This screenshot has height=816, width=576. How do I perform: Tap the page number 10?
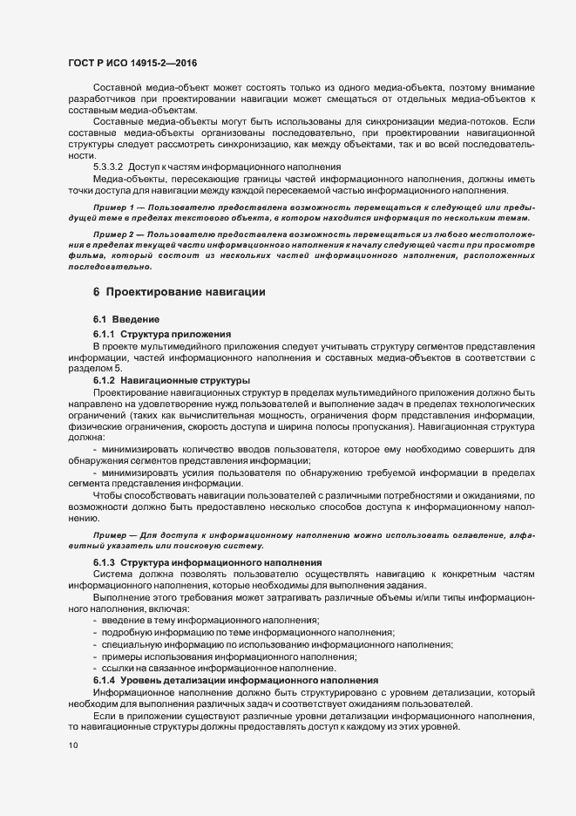[72, 745]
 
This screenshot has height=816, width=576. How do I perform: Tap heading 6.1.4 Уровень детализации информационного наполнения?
[234, 679]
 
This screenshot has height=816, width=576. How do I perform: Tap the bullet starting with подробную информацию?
[248, 631]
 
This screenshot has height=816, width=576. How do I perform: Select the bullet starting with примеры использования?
[231, 655]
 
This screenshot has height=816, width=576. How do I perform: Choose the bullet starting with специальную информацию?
[277, 643]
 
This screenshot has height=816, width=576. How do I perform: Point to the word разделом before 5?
[91, 369]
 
